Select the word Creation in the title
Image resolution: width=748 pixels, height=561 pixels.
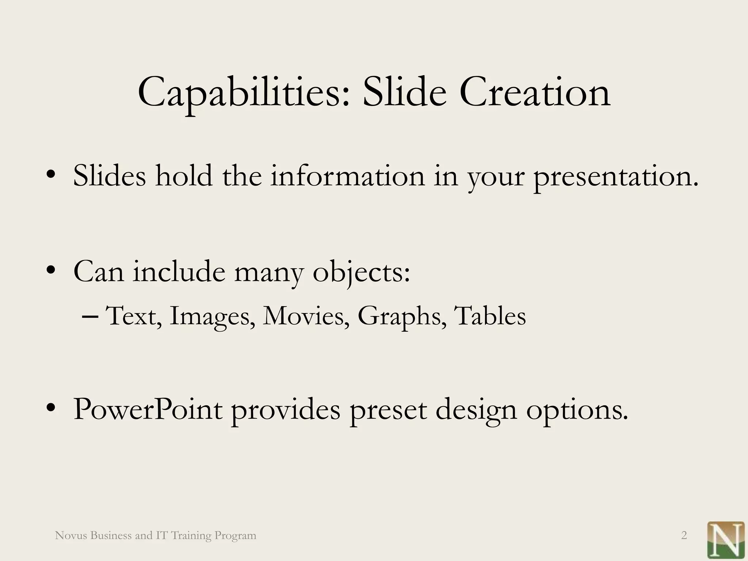(x=535, y=93)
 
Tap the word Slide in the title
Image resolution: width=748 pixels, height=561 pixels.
(x=404, y=93)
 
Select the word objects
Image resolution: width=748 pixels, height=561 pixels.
(x=361, y=272)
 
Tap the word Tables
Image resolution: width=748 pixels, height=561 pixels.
(x=489, y=316)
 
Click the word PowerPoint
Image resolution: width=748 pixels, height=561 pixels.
(x=148, y=409)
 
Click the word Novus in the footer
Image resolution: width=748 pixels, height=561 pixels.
(x=70, y=535)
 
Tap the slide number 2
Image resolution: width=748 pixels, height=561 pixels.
(x=684, y=535)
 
